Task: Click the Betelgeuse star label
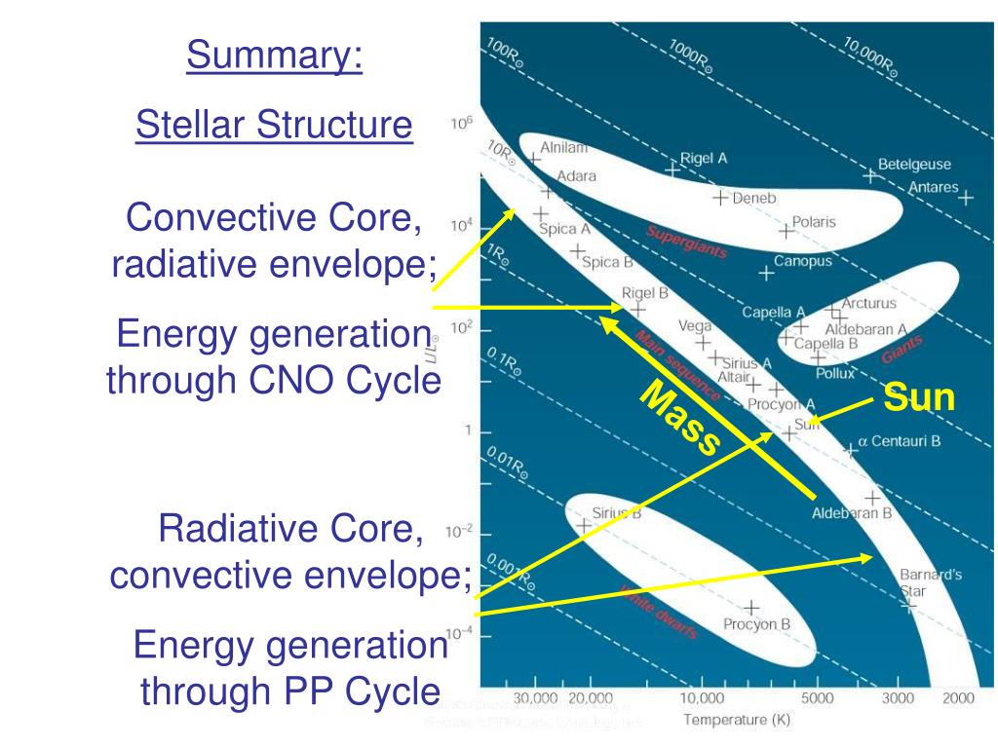(914, 165)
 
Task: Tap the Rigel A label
(704, 158)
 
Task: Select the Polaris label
(813, 222)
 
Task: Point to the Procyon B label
(756, 624)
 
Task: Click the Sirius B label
(616, 513)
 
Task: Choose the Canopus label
(803, 261)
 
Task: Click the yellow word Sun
(919, 398)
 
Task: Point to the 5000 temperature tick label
(817, 698)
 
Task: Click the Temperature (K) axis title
(737, 721)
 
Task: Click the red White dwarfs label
(660, 613)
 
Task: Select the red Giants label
(901, 345)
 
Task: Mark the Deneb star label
(753, 198)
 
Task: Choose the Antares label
(933, 187)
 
